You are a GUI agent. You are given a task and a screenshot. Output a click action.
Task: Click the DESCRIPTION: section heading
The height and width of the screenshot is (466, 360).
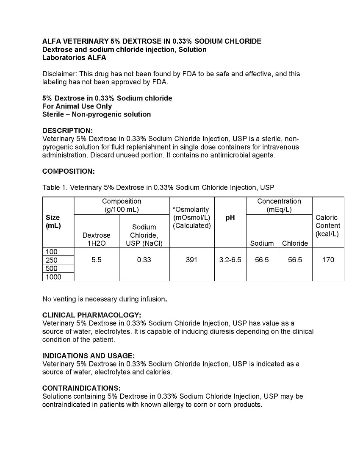tap(67, 130)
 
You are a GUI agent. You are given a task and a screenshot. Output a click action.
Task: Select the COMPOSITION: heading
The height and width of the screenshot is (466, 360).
tap(68, 171)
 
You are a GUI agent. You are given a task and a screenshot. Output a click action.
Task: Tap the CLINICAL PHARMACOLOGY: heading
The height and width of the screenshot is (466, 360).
tap(91, 315)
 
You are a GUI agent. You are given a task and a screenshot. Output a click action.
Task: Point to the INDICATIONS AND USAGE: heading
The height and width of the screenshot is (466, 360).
tap(88, 356)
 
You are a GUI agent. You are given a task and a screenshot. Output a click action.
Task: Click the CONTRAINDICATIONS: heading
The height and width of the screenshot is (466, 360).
tap(81, 388)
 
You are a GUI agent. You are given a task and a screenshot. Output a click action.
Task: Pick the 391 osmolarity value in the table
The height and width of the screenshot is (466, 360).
tap(191, 260)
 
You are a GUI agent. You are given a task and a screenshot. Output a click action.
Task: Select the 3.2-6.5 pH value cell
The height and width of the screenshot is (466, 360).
tap(230, 260)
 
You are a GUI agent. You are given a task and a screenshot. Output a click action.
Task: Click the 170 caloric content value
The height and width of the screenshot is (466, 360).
tap(328, 260)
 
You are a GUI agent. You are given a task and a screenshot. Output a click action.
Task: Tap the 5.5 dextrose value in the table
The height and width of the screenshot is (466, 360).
tap(96, 260)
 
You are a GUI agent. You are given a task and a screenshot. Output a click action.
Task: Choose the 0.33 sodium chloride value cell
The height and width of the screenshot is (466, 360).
tap(144, 260)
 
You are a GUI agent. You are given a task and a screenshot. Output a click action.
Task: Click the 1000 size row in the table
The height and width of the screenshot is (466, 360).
tap(53, 277)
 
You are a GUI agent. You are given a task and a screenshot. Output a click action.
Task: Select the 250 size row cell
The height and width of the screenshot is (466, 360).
tap(51, 260)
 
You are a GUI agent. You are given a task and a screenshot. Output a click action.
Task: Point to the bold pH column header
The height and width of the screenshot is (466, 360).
tap(230, 218)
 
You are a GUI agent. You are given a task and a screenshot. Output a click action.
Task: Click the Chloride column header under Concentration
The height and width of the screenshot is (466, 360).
tap(295, 243)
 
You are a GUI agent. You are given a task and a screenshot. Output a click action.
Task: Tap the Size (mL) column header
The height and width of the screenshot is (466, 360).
tap(53, 222)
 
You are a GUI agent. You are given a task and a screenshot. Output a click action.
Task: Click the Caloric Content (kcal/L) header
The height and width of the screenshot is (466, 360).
tap(327, 225)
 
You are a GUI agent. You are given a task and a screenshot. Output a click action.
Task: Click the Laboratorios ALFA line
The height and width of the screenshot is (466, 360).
tap(74, 58)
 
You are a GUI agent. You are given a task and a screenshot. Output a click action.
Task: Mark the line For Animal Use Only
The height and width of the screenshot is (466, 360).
tap(77, 106)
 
